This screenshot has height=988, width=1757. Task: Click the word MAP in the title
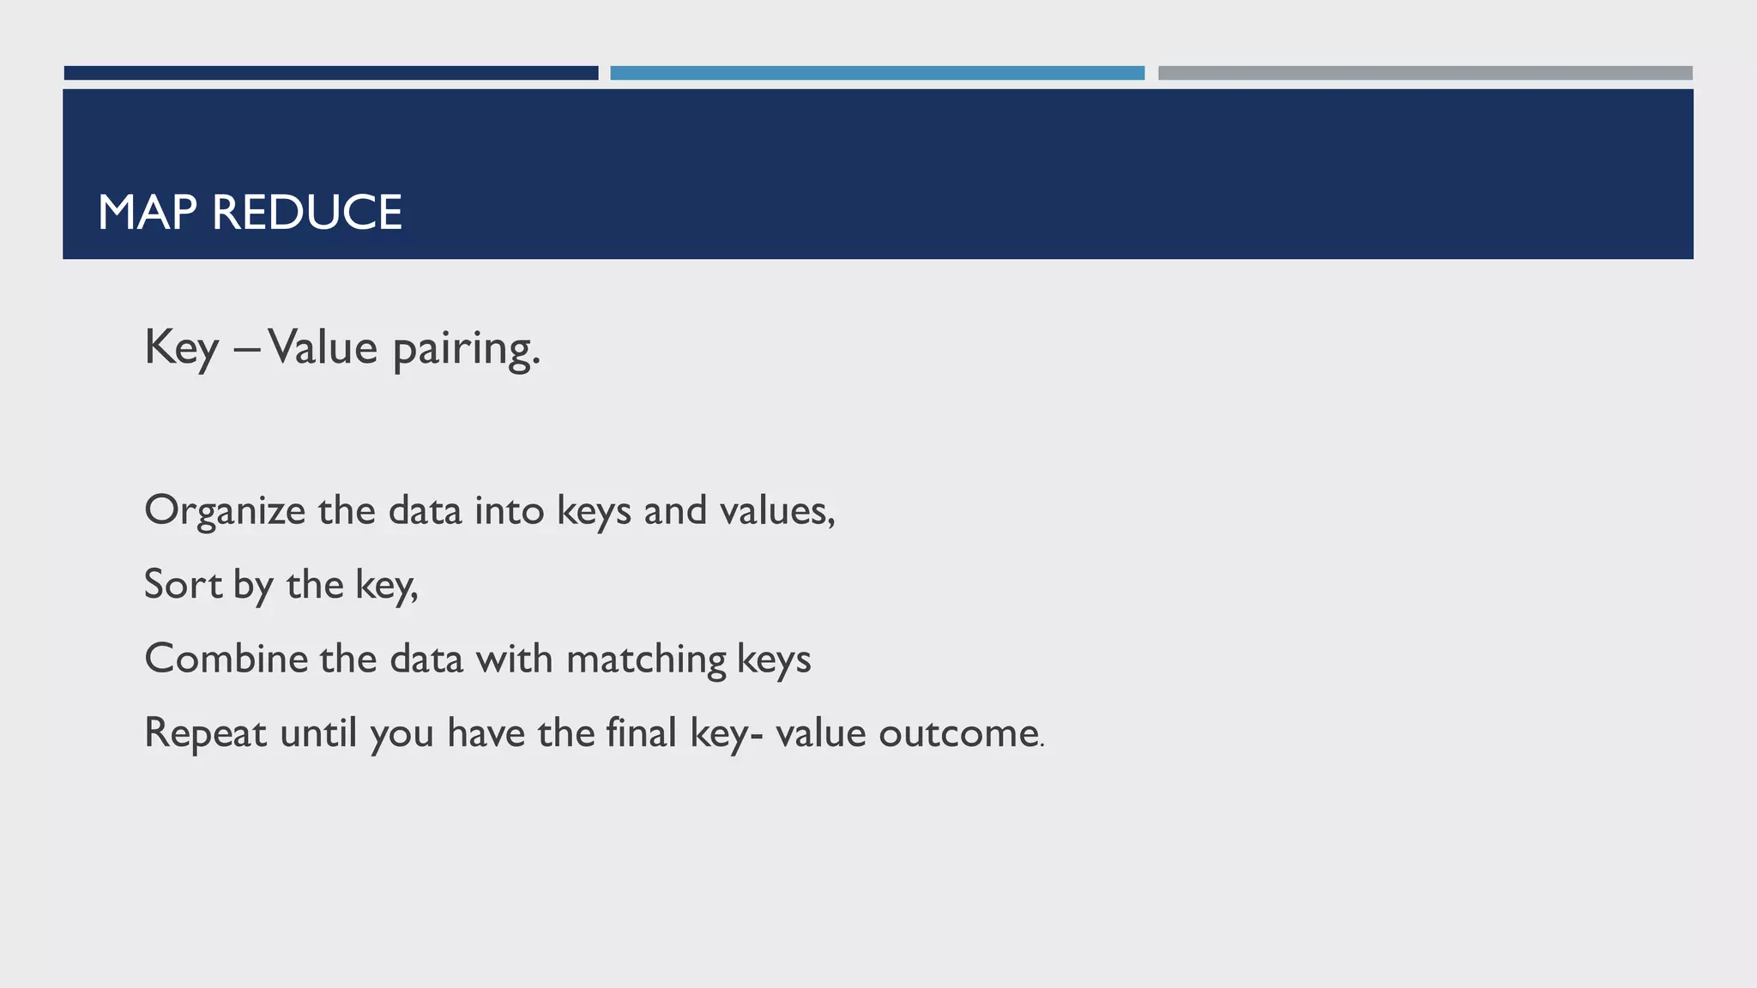pos(148,213)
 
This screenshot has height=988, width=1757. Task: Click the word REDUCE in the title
pos(306,213)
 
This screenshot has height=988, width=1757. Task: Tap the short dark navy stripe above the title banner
pos(331,73)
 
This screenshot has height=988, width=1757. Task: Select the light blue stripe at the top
pos(877,73)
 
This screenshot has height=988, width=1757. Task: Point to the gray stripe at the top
pos(1425,73)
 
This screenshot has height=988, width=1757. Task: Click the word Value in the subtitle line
pos(323,348)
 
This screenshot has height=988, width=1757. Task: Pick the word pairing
pos(466,350)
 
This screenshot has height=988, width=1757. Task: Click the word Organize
pos(225,511)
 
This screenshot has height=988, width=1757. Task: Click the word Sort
pos(183,585)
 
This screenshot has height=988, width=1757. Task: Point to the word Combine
pos(226,659)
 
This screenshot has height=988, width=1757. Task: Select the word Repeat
pos(205,734)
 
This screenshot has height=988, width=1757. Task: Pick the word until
pos(318,734)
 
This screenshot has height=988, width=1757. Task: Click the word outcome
pos(959,734)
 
